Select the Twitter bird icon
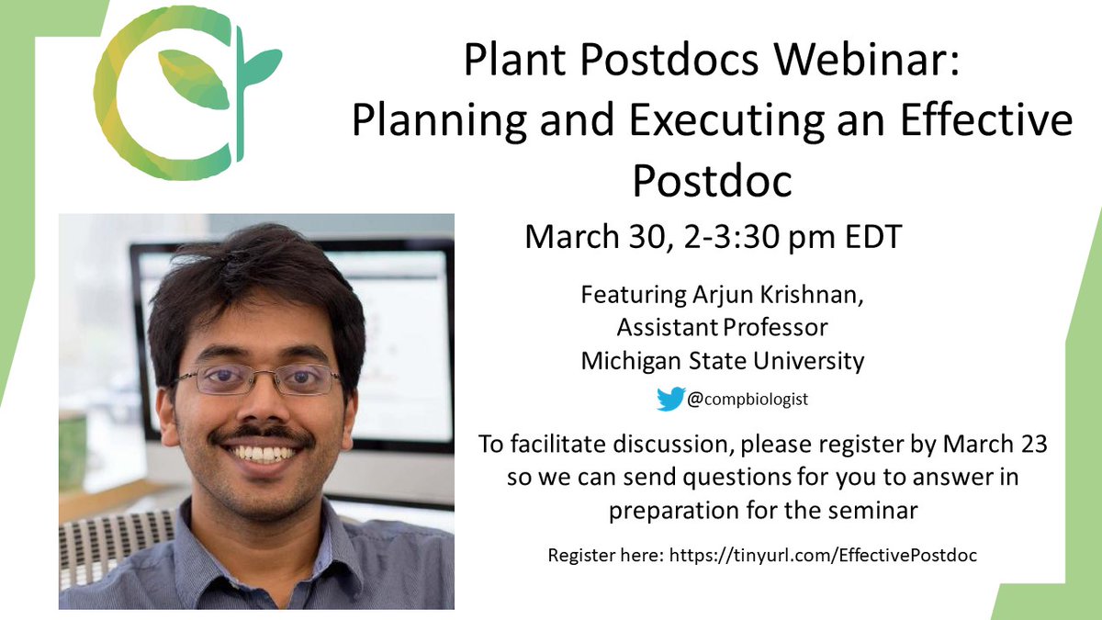click(x=670, y=399)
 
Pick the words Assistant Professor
click(x=722, y=328)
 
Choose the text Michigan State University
click(x=722, y=360)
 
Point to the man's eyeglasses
click(x=258, y=378)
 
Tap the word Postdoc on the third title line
click(x=712, y=182)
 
